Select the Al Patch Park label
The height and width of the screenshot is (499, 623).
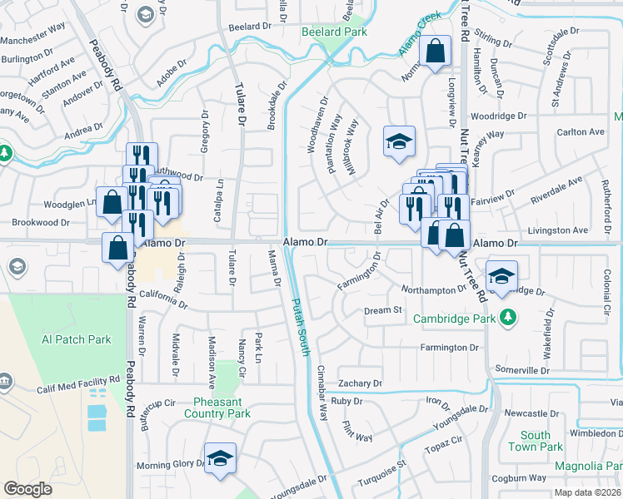coord(77,339)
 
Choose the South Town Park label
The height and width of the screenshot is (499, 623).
coord(536,441)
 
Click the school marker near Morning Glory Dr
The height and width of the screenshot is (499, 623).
coord(220,458)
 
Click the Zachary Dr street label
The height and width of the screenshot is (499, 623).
coord(359,383)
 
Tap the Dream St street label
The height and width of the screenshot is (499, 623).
coord(383,310)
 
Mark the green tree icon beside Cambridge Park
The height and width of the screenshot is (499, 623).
coord(506,317)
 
